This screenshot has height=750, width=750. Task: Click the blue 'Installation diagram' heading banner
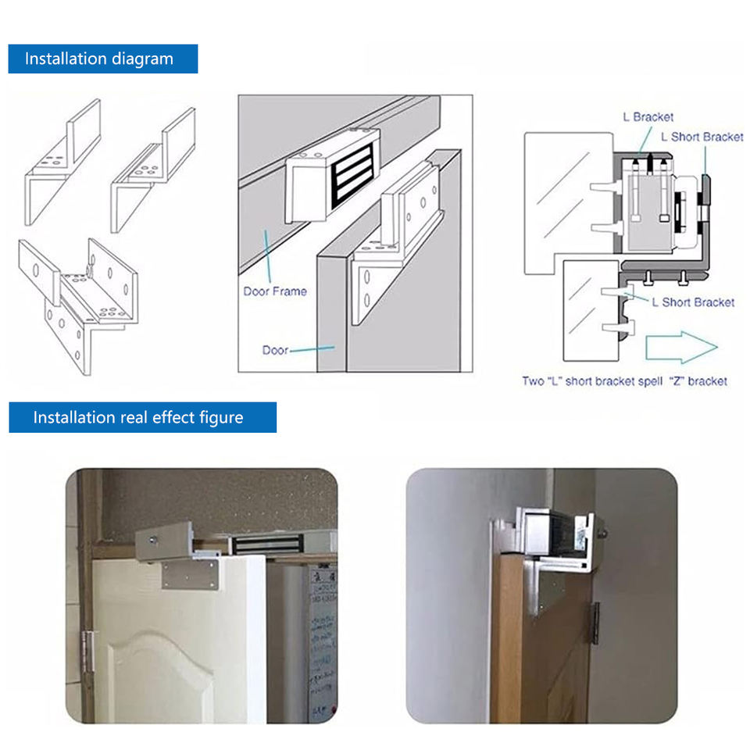click(102, 59)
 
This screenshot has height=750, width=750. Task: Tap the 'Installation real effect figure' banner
click(142, 417)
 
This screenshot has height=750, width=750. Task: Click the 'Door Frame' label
click(274, 291)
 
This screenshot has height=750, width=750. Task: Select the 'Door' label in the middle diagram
click(275, 350)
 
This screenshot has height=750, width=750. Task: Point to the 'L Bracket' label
click(648, 117)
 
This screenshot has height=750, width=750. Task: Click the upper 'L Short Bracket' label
click(702, 137)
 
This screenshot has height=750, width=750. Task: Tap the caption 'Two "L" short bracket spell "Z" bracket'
click(624, 381)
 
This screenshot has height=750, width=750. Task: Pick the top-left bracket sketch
click(62, 160)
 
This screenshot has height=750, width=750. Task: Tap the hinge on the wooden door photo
click(594, 623)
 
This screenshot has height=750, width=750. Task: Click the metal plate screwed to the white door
click(191, 575)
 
